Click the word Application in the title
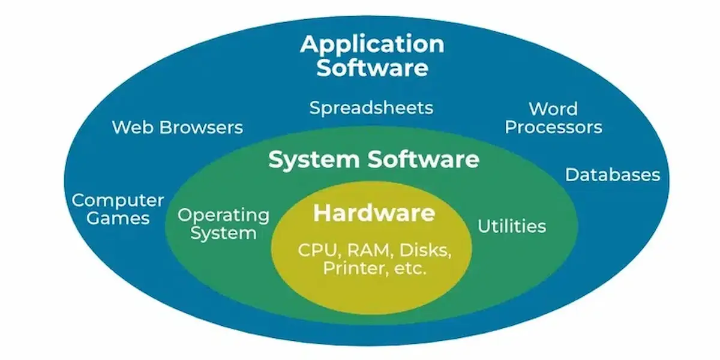coord(372,44)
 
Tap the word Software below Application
coord(372,67)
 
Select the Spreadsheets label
coord(371,108)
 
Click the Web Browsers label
coord(178,127)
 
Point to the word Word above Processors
coord(553,109)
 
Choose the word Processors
coord(553,127)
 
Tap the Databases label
coord(613,175)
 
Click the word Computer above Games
coord(118,200)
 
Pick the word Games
coord(118,218)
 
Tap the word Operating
coord(224,215)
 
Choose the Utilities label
coord(511,226)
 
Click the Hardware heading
coord(374,213)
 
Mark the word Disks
coord(424,250)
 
